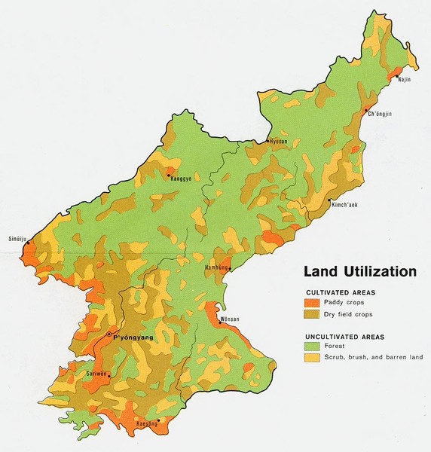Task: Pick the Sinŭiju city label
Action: click(17, 237)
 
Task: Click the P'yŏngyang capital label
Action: click(133, 337)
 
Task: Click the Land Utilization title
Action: click(360, 271)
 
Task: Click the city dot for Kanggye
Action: click(168, 175)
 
